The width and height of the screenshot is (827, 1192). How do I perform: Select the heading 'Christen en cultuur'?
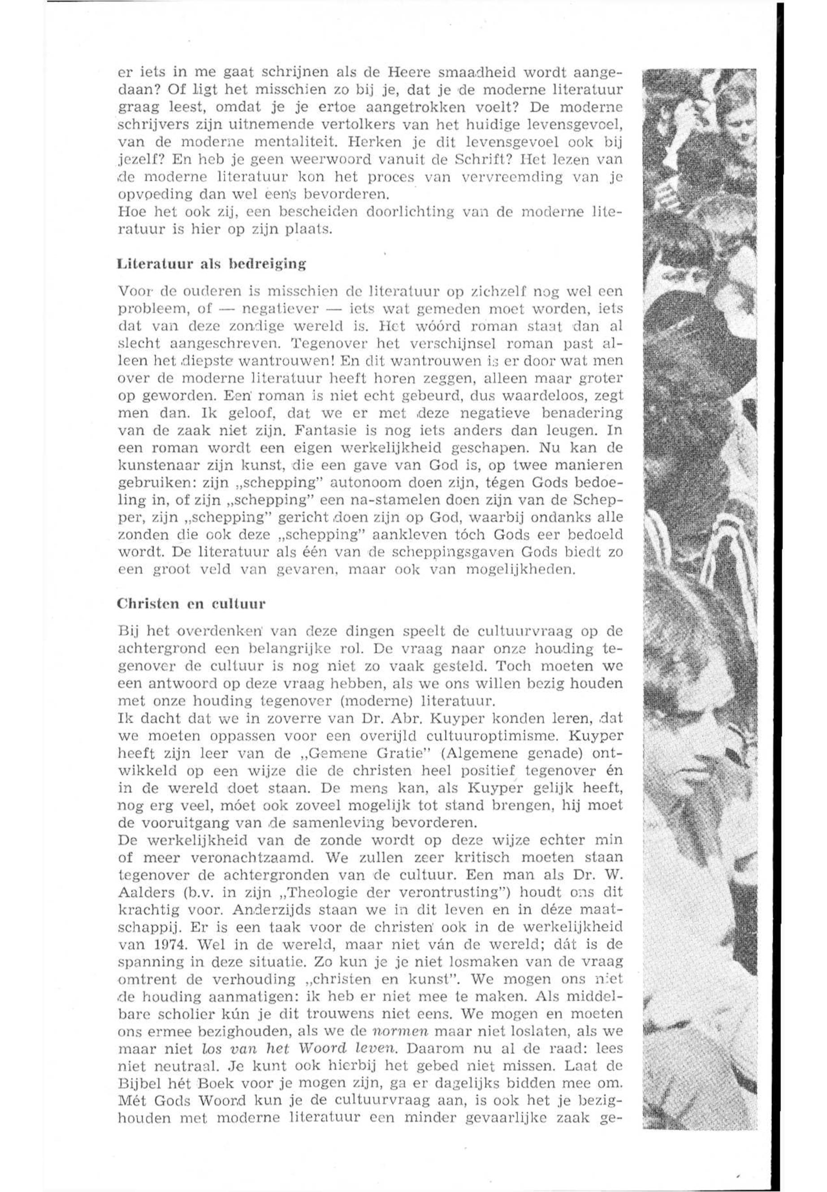click(x=191, y=604)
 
